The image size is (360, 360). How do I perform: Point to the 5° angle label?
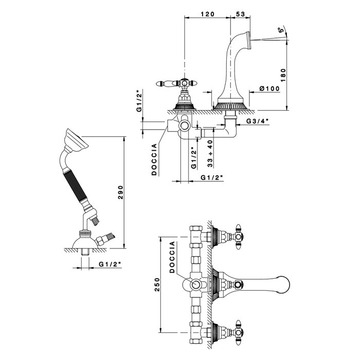(x=281, y=30)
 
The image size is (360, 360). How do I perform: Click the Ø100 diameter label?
(x=269, y=89)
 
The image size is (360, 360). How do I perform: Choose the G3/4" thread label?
(x=257, y=122)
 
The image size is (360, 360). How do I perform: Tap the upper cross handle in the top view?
(x=240, y=236)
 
